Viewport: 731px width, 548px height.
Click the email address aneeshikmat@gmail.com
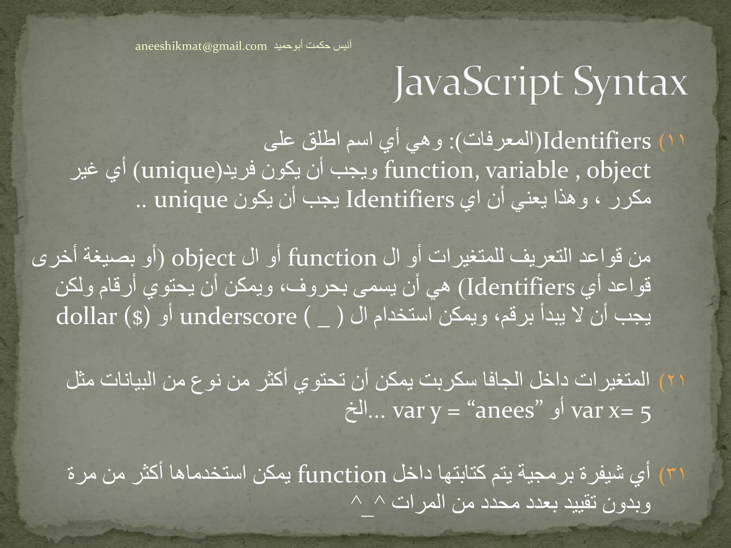point(201,46)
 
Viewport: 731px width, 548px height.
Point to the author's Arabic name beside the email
point(313,46)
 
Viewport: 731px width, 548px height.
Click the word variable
point(527,171)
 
